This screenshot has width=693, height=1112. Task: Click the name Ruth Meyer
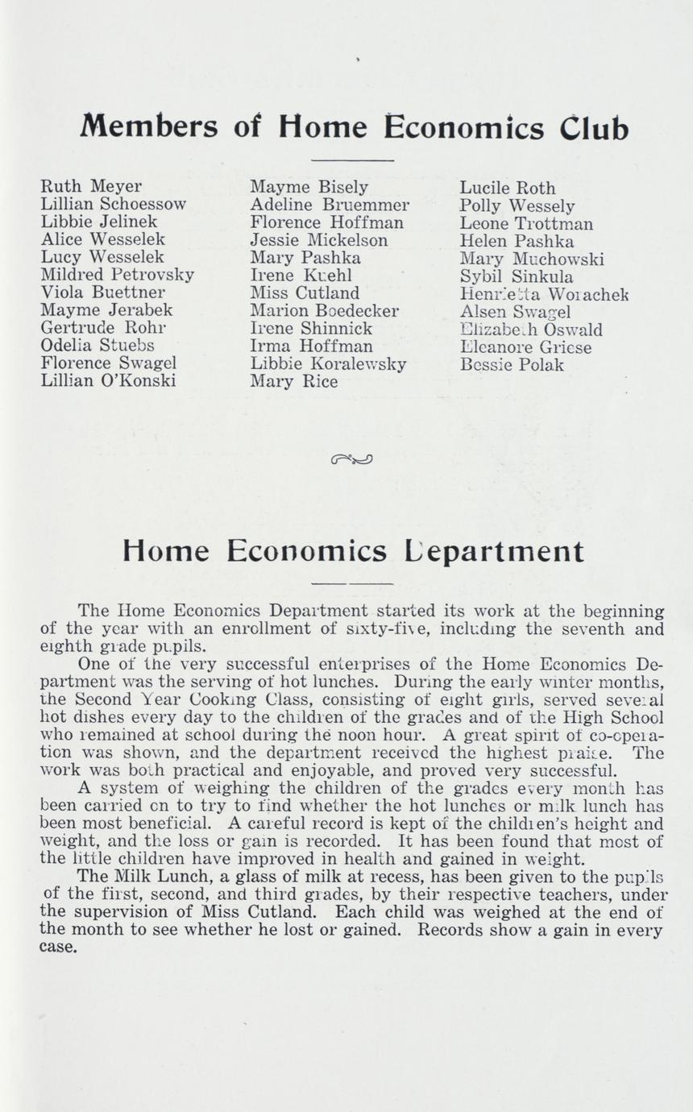(x=90, y=187)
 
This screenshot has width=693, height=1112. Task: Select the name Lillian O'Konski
(x=108, y=381)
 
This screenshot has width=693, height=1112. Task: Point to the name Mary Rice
(x=293, y=382)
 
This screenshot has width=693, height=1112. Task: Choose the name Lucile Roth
(x=507, y=189)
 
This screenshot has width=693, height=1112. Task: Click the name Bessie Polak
(x=512, y=365)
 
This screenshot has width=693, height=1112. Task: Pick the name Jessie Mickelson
(x=318, y=240)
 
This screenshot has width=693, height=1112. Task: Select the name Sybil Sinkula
(x=517, y=277)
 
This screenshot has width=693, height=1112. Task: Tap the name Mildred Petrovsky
(x=117, y=275)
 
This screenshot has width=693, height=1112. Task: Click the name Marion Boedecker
(x=325, y=311)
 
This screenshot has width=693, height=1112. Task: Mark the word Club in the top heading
(x=595, y=128)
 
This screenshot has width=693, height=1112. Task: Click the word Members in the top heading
(x=149, y=128)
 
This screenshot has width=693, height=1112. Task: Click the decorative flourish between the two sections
(x=351, y=459)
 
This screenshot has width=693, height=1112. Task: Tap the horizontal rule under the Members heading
(x=351, y=160)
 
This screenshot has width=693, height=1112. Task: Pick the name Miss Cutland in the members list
(x=305, y=293)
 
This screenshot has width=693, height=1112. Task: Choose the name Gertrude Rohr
(x=103, y=328)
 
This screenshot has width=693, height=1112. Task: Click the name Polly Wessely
(x=517, y=206)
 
